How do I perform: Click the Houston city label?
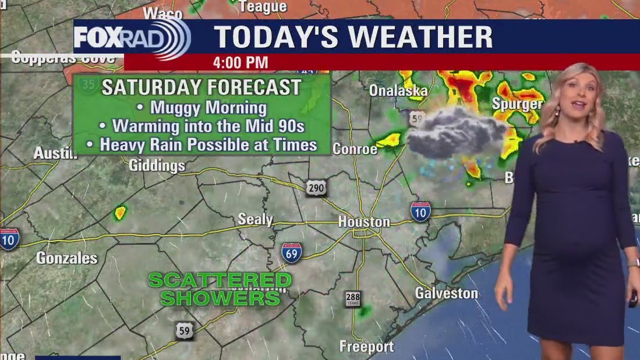click(364, 222)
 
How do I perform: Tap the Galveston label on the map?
click(446, 293)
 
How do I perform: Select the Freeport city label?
click(366, 347)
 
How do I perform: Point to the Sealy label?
click(255, 219)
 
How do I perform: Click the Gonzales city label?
click(67, 258)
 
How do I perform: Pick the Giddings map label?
click(157, 165)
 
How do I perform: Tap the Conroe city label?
click(355, 149)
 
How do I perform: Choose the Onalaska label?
click(398, 90)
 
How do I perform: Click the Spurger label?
click(517, 104)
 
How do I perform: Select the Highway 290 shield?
click(316, 188)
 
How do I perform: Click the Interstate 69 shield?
click(291, 253)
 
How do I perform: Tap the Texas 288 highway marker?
click(353, 299)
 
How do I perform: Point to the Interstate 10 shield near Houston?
click(420, 211)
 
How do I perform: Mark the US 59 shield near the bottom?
click(185, 331)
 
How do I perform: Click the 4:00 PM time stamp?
click(241, 62)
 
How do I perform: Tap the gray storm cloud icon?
click(454, 133)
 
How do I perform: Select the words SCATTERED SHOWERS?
click(220, 289)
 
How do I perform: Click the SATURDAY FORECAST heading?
click(201, 87)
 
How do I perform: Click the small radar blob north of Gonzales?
click(120, 213)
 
